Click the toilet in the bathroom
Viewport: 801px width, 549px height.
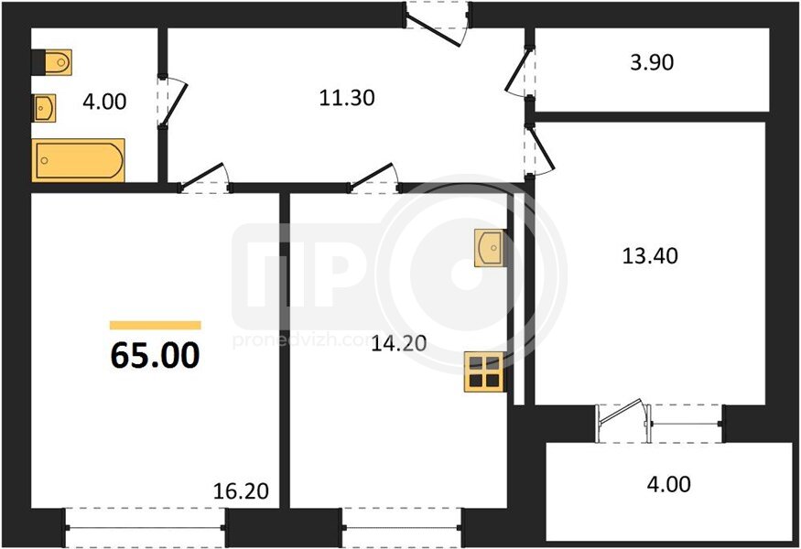click(51, 62)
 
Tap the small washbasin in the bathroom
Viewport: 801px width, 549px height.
click(45, 108)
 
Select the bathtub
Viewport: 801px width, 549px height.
click(78, 160)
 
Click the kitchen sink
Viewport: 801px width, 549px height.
click(490, 248)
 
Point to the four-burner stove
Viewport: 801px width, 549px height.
click(484, 372)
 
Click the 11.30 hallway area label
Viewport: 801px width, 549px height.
click(347, 98)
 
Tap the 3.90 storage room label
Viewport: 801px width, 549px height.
click(652, 62)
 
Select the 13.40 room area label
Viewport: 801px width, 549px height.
click(650, 255)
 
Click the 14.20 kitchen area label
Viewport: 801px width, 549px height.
click(399, 343)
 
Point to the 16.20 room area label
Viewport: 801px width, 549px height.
click(241, 490)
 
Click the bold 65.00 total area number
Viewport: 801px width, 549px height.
click(156, 355)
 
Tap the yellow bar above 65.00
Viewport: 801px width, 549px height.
click(156, 326)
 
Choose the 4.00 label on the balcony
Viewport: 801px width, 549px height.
click(668, 484)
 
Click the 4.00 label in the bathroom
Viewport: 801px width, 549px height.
click(104, 102)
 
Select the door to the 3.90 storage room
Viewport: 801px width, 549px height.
click(519, 71)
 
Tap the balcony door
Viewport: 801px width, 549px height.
click(622, 422)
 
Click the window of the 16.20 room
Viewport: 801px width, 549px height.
click(145, 528)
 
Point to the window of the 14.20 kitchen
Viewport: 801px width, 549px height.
click(402, 528)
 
